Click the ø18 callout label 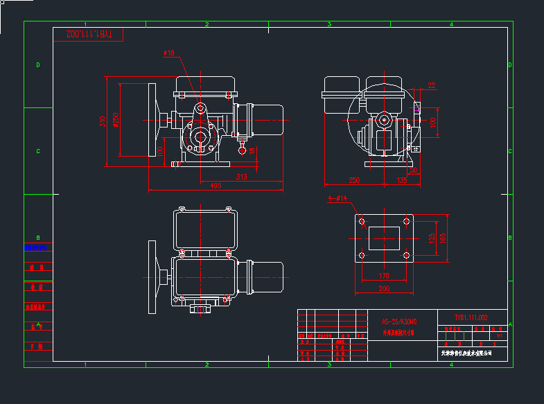(168, 53)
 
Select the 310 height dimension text (103, 121)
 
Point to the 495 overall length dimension (216, 185)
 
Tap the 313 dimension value (241, 176)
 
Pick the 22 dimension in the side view (431, 85)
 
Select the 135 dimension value (401, 180)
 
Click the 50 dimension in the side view (413, 169)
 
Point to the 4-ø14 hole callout (338, 199)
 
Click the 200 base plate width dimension (383, 288)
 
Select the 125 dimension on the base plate (432, 238)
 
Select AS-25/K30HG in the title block (399, 322)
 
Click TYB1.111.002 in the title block (471, 317)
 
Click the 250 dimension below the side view (354, 180)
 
